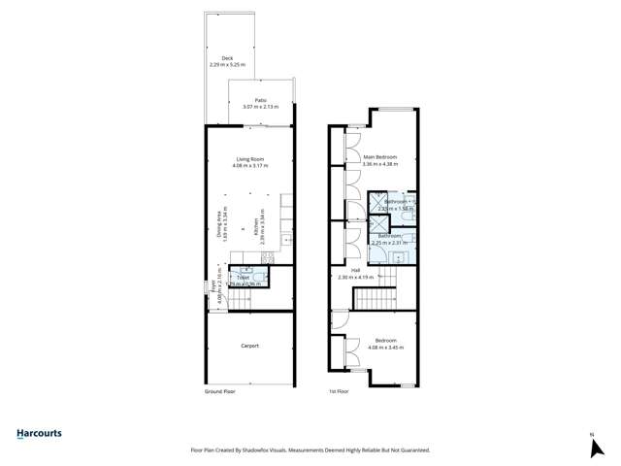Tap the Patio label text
(x=260, y=100)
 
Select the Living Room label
(x=250, y=159)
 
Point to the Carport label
(x=249, y=346)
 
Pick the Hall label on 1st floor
(x=355, y=270)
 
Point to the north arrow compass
(x=592, y=446)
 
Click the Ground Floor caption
(x=220, y=392)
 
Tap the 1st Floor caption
(x=339, y=392)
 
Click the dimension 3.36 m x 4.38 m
(x=380, y=164)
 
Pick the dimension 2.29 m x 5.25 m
(x=227, y=65)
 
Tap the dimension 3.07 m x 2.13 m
(x=260, y=107)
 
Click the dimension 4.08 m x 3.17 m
(x=250, y=166)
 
